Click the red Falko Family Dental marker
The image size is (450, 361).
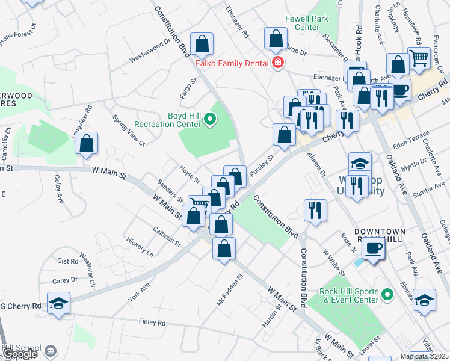click(x=277, y=63)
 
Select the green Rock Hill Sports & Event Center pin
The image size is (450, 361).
click(x=387, y=295)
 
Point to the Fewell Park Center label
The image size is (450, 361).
click(x=310, y=23)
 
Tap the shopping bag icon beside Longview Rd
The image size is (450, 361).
click(x=87, y=144)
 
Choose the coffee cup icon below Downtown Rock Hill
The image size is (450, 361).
click(x=373, y=248)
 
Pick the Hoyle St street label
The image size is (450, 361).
click(x=190, y=174)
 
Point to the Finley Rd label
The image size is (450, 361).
click(x=152, y=322)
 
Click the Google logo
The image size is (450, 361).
click(x=20, y=354)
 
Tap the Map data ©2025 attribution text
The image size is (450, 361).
click(x=428, y=356)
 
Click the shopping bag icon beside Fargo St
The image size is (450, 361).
click(x=202, y=43)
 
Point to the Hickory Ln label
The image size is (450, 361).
click(x=140, y=247)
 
